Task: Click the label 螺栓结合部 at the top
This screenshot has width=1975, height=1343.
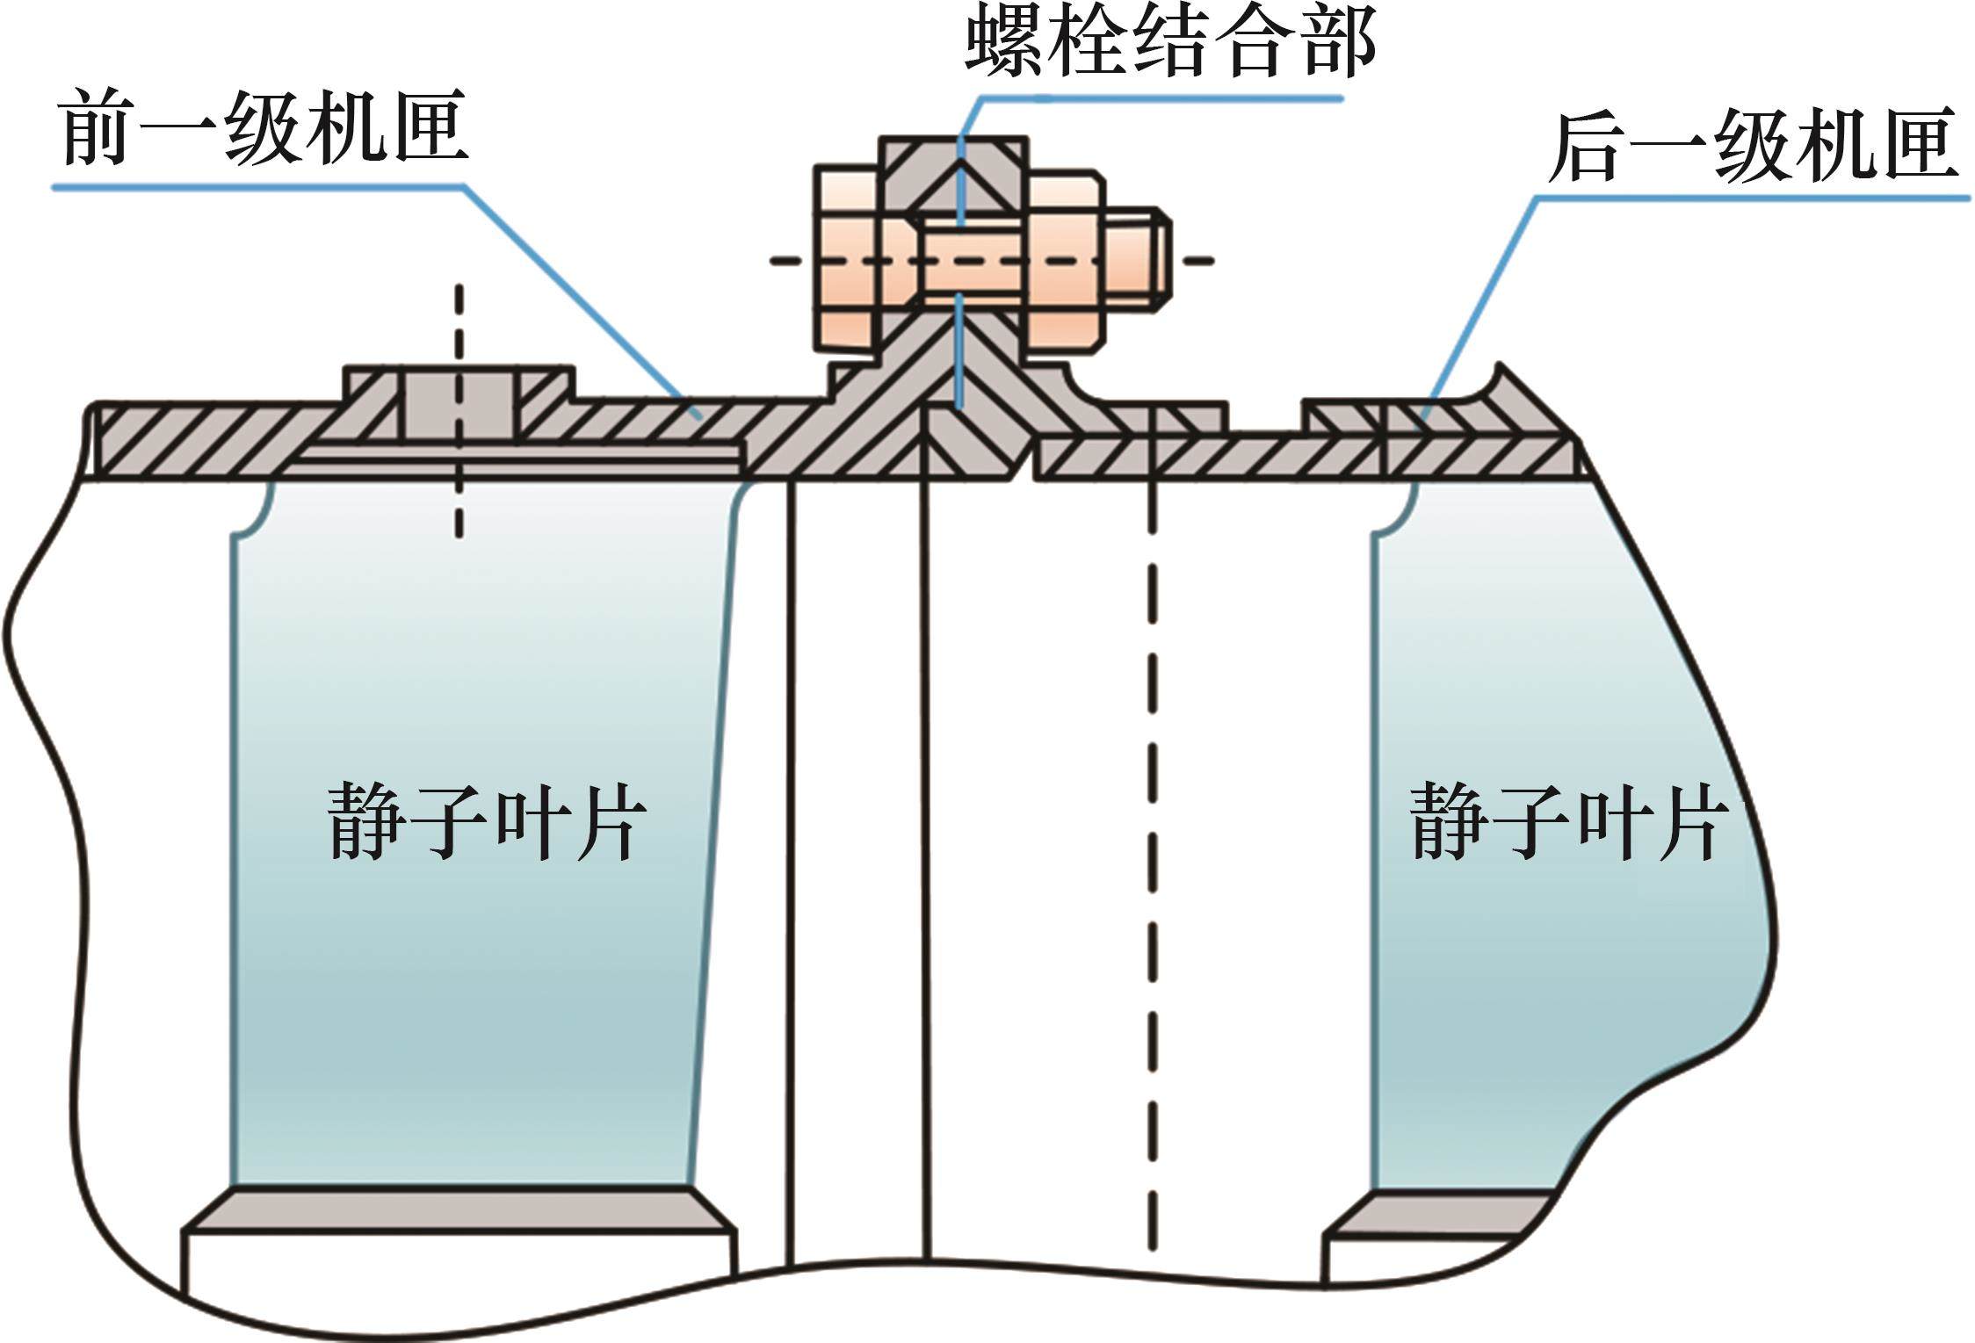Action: click(1169, 44)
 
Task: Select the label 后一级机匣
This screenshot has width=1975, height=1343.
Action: click(1752, 145)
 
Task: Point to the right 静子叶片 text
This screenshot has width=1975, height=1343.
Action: click(1568, 821)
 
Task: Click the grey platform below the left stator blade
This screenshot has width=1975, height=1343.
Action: click(459, 1209)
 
